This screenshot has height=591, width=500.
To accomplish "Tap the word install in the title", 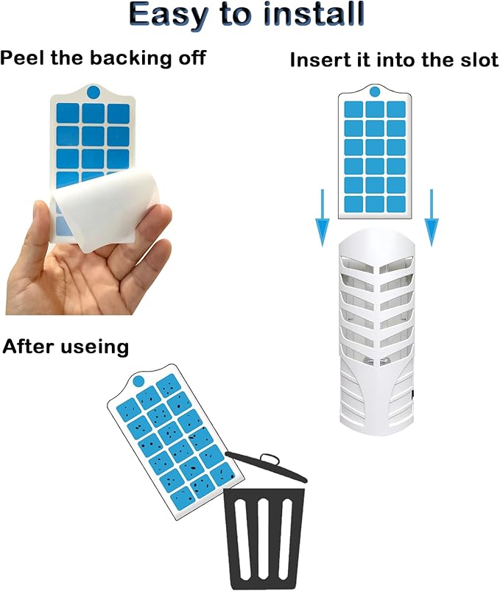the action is (x=314, y=13).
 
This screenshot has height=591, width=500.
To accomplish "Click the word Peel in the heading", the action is (x=22, y=58).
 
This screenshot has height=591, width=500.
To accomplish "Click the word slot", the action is (x=477, y=60).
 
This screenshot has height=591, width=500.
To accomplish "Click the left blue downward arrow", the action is (x=322, y=218).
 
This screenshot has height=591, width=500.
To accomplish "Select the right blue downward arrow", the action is (x=432, y=218).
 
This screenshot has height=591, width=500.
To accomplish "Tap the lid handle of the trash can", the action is (x=270, y=459).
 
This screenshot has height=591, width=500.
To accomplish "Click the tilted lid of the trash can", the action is (x=267, y=467).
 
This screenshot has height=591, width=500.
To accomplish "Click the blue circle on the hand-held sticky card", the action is (x=93, y=92).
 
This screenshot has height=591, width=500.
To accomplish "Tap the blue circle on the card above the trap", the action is (x=375, y=91).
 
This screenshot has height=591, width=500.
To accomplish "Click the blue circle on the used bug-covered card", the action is (x=138, y=381).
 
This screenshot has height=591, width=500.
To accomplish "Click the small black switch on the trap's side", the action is (x=412, y=394).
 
